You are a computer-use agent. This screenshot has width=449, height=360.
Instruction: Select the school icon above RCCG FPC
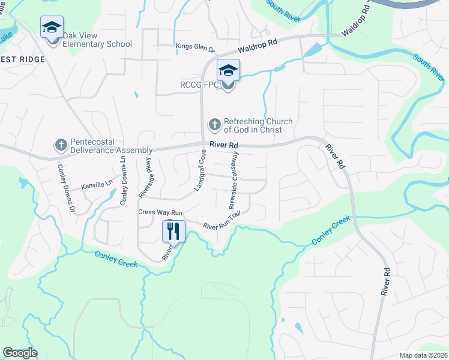(x=228, y=71)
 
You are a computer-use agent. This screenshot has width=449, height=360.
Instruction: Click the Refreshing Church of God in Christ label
(x=258, y=125)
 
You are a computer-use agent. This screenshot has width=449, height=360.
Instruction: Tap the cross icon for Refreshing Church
(x=214, y=125)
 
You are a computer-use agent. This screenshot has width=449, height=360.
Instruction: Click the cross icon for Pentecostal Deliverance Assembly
(x=60, y=145)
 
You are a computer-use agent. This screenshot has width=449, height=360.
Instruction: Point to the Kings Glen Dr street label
(x=195, y=46)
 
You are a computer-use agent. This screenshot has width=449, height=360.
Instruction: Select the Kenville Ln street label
(x=97, y=186)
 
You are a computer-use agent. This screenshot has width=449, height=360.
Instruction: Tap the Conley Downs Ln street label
(x=123, y=180)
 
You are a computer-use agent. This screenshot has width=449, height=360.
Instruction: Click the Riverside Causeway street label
(x=234, y=180)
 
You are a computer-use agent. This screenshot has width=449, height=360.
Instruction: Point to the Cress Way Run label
(x=160, y=212)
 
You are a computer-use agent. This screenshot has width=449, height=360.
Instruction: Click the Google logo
(x=20, y=353)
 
